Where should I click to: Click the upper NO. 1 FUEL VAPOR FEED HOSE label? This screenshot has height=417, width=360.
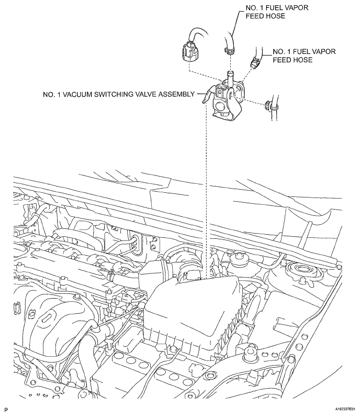coord(277,12)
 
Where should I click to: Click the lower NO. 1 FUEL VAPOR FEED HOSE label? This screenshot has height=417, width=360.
coord(304,56)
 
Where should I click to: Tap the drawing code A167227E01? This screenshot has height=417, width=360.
coord(345,409)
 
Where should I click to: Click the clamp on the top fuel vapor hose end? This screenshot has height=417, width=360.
coord(229,49)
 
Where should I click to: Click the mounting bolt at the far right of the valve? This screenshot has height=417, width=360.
coord(267,106)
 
